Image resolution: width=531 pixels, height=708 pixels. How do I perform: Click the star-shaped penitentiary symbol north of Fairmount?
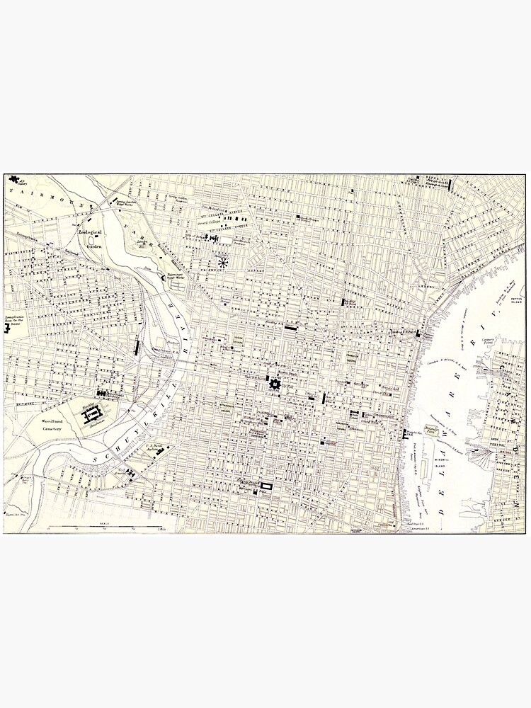[x=224, y=263]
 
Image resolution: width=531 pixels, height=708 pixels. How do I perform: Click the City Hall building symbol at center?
[x=275, y=384]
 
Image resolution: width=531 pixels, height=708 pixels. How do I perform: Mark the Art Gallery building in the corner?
[x=14, y=181]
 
